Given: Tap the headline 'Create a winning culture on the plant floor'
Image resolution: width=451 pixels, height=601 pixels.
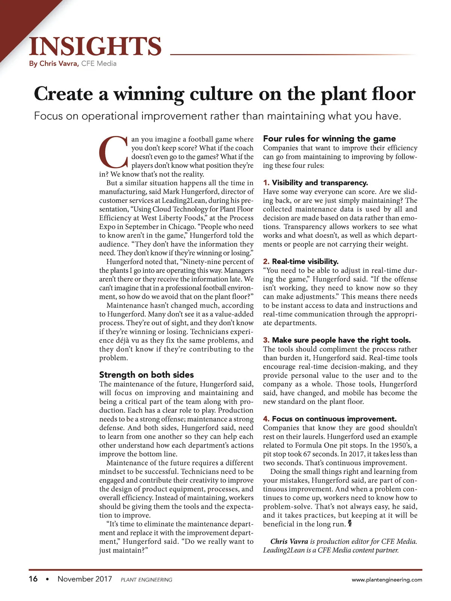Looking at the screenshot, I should coord(225,94).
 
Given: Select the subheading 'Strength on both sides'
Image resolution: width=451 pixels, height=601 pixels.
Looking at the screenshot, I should coord(147,374).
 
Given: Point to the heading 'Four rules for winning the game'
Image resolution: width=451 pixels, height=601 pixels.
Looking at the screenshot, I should coord(329,139).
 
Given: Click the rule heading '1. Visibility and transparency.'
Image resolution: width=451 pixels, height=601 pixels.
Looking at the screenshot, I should coord(315,183).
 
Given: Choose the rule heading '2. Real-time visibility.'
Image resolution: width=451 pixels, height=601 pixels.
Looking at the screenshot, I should coord(301,261).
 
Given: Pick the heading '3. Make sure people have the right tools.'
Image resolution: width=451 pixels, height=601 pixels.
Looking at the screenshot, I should coord(337,340).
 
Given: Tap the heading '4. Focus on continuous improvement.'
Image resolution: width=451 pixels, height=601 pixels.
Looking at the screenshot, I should coord(330,419).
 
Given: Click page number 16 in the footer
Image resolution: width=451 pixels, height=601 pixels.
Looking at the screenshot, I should coord(33,579).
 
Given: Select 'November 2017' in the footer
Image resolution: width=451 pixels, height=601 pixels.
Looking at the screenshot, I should coord(85,579).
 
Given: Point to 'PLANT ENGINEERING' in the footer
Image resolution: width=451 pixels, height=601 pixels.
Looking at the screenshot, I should coord(147,580).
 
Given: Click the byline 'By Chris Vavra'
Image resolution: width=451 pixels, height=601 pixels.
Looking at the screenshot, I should coord(54,63).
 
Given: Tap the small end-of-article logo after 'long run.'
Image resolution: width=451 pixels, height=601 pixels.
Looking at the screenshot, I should coord(350,523).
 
